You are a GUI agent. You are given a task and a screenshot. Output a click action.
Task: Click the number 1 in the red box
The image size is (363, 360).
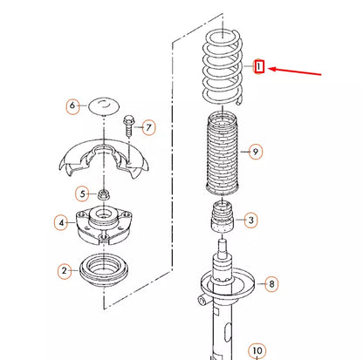258,66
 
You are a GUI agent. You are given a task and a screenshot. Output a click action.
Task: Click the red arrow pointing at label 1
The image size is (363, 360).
294,71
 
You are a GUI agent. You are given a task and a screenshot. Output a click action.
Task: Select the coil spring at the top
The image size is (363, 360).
223,68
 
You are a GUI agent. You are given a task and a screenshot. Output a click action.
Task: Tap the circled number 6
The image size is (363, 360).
72,105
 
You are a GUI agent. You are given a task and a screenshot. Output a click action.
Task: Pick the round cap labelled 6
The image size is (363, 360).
104,106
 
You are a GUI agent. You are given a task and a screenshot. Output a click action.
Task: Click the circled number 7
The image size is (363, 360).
148,127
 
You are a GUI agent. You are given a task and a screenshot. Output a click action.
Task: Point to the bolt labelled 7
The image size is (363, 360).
128,126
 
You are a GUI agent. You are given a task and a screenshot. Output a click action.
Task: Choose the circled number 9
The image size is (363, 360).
256,152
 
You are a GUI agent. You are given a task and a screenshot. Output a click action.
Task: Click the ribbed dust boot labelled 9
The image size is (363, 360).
223,154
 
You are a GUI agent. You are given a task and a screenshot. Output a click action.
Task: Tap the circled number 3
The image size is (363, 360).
250,221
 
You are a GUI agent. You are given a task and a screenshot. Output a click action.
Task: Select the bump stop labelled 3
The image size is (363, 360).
223,218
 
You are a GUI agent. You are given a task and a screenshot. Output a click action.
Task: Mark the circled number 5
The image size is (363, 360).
83,194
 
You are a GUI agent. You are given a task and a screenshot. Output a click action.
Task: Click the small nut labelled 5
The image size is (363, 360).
103,194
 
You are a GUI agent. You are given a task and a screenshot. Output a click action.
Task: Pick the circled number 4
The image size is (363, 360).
61,223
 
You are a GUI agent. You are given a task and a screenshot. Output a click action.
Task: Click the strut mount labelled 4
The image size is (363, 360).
104,225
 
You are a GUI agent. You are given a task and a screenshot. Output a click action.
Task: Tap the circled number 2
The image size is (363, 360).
65,271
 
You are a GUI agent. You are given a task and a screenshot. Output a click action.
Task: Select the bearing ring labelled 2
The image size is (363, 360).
104,270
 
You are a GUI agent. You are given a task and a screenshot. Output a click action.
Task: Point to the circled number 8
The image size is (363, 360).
271,284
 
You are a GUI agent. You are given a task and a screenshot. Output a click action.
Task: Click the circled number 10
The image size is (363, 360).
257,351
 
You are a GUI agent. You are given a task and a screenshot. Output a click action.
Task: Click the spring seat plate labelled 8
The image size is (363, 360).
228,286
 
